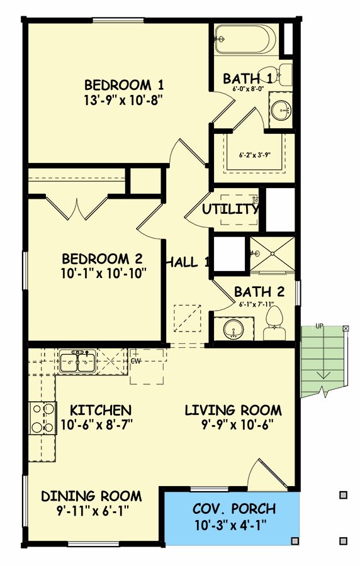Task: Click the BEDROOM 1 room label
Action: [x=118, y=84]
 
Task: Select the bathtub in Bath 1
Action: [x=243, y=40]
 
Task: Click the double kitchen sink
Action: [x=77, y=362]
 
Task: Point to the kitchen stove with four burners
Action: [x=42, y=418]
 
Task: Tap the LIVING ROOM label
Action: [x=233, y=411]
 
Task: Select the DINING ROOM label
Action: [x=91, y=496]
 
